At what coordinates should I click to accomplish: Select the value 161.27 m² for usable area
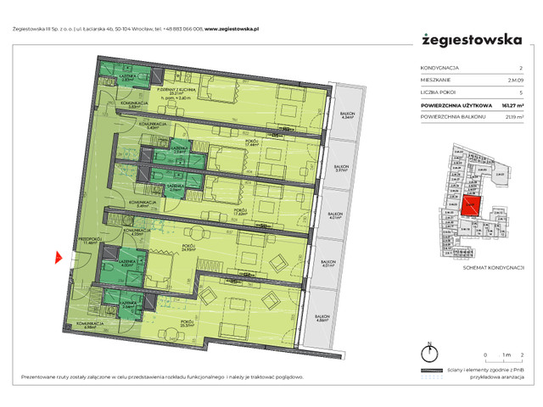click(509, 103)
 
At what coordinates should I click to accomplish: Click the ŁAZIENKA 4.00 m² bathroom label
click(127, 264)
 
